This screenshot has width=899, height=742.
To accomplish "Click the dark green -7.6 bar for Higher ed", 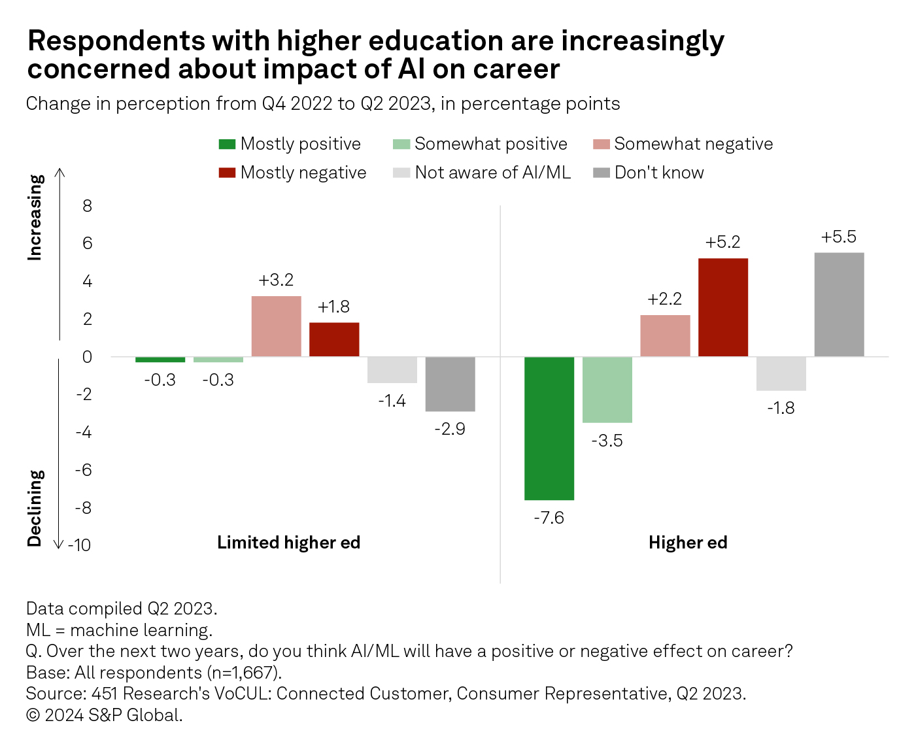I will click(x=549, y=428).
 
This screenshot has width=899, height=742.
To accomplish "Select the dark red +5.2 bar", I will click(x=723, y=307).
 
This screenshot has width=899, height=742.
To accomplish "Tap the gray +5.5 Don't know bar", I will click(x=839, y=305).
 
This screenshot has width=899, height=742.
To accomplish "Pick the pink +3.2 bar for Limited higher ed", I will click(x=276, y=326).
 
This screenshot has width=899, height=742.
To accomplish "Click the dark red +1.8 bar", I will click(x=334, y=339).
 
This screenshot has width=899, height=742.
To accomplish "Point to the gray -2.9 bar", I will click(x=450, y=384).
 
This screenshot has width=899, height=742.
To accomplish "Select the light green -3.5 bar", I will click(x=607, y=390).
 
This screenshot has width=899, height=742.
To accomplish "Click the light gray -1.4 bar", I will click(x=392, y=370).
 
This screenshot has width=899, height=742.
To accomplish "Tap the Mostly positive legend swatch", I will click(x=227, y=144).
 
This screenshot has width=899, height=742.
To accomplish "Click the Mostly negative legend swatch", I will click(x=227, y=173).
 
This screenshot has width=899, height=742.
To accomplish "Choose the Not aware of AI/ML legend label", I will click(x=492, y=173).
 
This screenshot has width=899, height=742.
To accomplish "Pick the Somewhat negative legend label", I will click(x=693, y=144).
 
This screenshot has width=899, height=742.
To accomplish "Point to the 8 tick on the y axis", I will click(x=87, y=206).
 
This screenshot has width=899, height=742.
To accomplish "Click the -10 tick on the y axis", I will click(x=80, y=545).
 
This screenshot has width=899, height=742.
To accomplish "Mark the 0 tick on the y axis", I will click(x=87, y=357).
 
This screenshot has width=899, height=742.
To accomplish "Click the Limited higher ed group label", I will click(x=288, y=543).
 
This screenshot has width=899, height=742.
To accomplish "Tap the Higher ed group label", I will click(x=688, y=543).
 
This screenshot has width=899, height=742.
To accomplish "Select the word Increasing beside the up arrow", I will click(x=35, y=218).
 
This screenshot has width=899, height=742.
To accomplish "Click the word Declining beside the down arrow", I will click(x=35, y=508).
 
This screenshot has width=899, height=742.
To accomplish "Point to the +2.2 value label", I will click(x=664, y=299).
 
